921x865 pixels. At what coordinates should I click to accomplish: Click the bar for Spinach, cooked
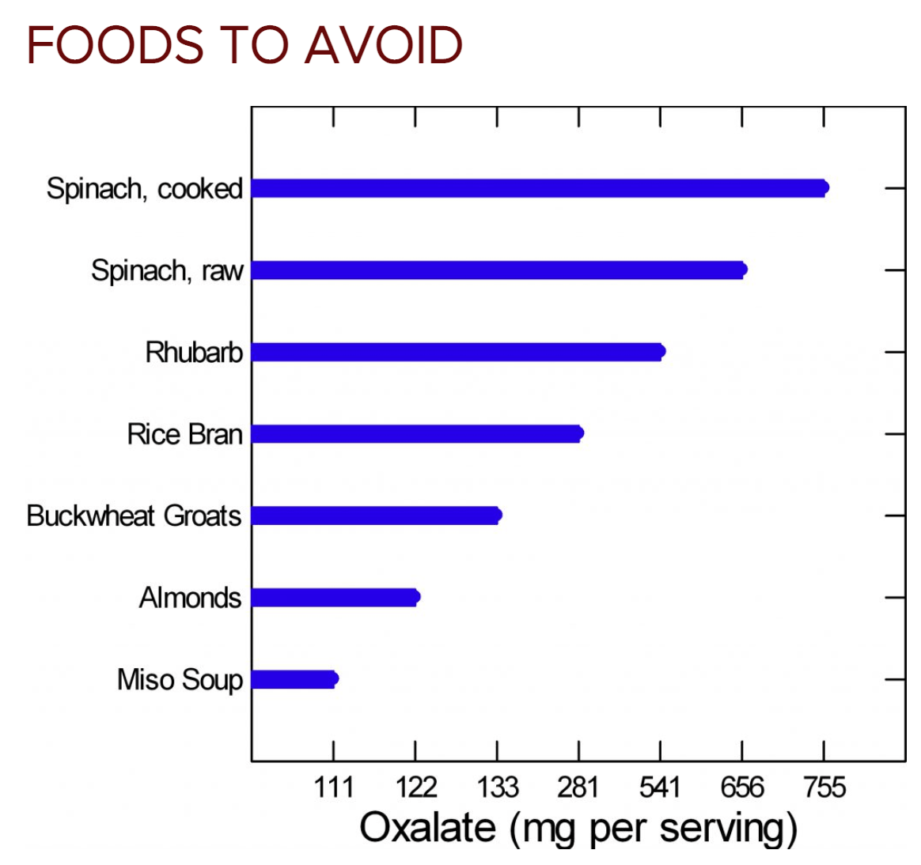(539, 188)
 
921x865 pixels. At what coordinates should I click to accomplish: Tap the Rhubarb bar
(457, 352)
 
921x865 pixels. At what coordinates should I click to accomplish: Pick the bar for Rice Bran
(417, 433)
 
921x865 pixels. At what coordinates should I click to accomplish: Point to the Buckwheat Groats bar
(376, 516)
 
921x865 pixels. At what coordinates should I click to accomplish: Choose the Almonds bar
(335, 597)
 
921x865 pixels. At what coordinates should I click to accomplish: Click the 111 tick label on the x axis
(333, 788)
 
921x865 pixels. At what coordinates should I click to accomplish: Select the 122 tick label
(415, 788)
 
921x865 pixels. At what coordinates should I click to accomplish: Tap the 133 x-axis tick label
(497, 788)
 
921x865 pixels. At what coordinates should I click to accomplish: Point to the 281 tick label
(578, 788)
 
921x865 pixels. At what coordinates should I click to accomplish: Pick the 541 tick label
(660, 788)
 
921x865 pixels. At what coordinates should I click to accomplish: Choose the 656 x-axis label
(742, 788)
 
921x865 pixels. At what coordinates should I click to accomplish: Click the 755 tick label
(824, 788)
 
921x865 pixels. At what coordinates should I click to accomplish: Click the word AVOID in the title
(384, 45)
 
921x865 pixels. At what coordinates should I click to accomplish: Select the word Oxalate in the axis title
(427, 828)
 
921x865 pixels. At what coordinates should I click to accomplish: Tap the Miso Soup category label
(180, 680)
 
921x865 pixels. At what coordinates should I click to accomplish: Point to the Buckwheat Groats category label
(134, 516)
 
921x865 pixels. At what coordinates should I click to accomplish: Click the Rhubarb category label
(194, 353)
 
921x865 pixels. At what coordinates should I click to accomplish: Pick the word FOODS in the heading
(116, 45)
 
